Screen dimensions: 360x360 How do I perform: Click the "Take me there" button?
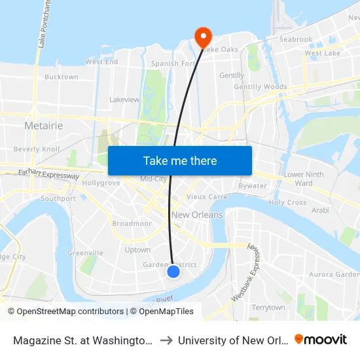pyautogui.click(x=180, y=160)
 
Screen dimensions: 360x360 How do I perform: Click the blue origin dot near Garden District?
pyautogui.click(x=173, y=271)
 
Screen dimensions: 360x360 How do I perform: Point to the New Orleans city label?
pyautogui.click(x=197, y=215)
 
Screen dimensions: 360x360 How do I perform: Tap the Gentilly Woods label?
pyautogui.click(x=261, y=86)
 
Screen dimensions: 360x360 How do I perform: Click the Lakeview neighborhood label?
pyautogui.click(x=124, y=99)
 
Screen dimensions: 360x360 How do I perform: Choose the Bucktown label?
pyautogui.click(x=62, y=77)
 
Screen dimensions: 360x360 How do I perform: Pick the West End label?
pyautogui.click(x=101, y=62)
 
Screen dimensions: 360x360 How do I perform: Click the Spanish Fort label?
pyautogui.click(x=173, y=63)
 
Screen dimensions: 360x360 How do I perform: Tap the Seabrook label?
pyautogui.click(x=296, y=39)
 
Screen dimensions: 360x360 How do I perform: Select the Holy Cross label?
pyautogui.click(x=287, y=202)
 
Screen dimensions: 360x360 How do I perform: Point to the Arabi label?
pyautogui.click(x=320, y=210)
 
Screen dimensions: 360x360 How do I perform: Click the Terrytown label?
pyautogui.click(x=268, y=307)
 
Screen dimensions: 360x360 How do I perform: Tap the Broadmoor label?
pyautogui.click(x=132, y=223)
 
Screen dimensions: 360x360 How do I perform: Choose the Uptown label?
pyautogui.click(x=137, y=249)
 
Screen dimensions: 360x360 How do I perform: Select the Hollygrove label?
pyautogui.click(x=101, y=183)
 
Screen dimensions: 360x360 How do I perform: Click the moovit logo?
pyautogui.click(x=321, y=339)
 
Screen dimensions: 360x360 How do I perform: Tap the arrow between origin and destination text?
pyautogui.click(x=166, y=340)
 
